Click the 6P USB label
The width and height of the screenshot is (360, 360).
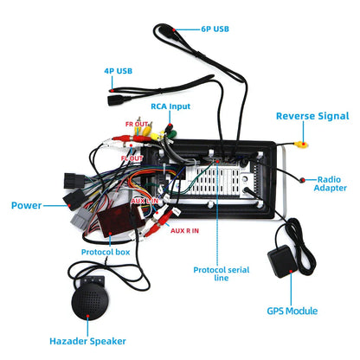point(215,29)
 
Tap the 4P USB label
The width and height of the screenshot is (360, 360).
point(118,71)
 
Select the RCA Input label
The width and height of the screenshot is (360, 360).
point(170,106)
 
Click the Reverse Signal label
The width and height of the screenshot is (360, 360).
point(312,116)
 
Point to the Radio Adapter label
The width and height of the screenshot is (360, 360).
point(330,183)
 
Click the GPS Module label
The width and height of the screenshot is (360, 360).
point(292,311)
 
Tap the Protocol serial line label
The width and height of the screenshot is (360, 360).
point(222,273)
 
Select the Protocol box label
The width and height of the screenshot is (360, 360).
point(106,252)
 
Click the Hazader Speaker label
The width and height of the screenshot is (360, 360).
point(87,341)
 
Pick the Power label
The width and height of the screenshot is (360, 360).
point(26,205)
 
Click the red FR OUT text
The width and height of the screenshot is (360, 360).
point(137,124)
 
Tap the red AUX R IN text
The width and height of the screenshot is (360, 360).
point(184,231)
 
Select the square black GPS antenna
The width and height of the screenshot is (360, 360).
point(282,261)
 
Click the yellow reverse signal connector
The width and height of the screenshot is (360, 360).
point(301,144)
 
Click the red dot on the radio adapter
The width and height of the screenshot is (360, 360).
point(303,180)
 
